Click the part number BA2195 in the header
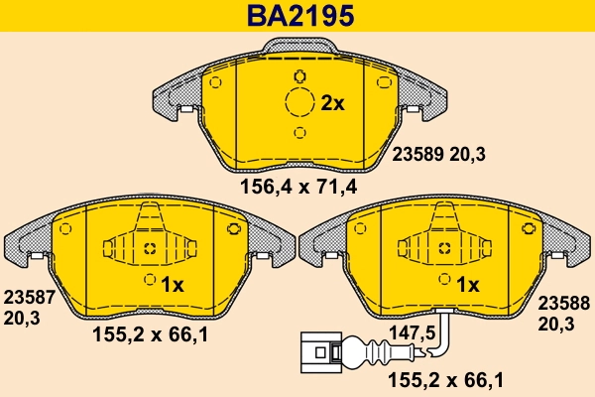point(297,17)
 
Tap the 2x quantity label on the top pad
point(331,103)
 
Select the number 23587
point(27,297)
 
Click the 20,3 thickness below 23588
point(557,325)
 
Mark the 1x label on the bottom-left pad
point(173,285)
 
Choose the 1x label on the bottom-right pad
point(467,285)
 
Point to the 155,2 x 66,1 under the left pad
point(150,336)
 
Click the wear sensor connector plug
point(316,349)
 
